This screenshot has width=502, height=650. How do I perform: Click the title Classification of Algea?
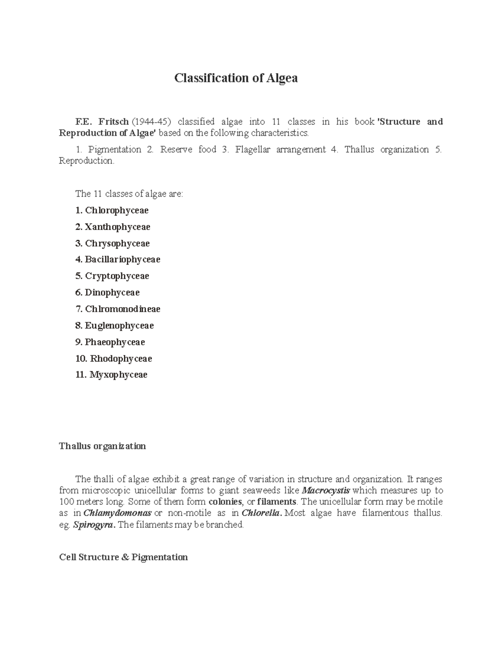[x=236, y=78]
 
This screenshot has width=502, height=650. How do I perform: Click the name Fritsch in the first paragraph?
[x=113, y=122]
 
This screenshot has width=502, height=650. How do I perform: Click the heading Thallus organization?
[x=102, y=446]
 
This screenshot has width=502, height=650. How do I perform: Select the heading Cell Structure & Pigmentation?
[x=123, y=558]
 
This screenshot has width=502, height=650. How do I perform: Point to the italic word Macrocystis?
[x=326, y=491]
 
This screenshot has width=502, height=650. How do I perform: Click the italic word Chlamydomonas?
[x=118, y=513]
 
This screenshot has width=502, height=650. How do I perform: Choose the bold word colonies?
[x=225, y=502]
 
